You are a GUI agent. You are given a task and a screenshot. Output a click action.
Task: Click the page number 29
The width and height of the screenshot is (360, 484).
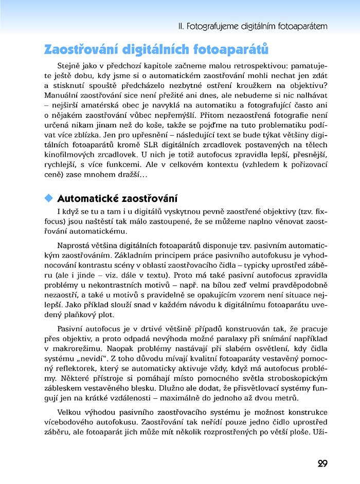[x=322, y=464]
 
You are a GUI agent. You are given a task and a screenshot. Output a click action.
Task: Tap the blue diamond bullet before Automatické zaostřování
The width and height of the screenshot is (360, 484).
[x=49, y=198]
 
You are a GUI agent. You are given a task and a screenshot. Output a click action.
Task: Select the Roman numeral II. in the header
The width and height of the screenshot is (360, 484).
[x=179, y=25]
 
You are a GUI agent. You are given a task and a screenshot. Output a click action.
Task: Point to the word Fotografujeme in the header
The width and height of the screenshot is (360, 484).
[x=210, y=25]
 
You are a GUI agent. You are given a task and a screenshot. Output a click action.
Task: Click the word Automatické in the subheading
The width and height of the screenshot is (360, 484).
[x=87, y=198]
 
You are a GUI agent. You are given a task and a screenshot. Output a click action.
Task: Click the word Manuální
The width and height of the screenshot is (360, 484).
[x=63, y=96]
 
